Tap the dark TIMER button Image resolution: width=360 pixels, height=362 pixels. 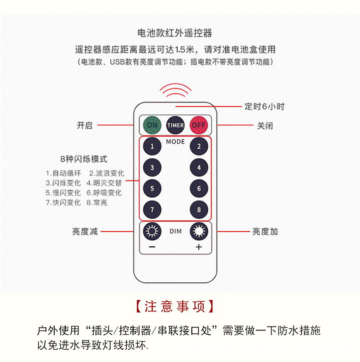175,125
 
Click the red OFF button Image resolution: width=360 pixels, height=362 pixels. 199,125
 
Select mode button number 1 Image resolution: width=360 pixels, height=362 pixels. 152,146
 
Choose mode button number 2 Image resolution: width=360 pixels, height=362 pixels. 199,146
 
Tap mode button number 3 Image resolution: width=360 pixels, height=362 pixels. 152,167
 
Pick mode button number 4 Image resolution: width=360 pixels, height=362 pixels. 199,167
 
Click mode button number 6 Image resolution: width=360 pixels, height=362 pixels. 199,188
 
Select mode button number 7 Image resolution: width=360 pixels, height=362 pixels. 152,210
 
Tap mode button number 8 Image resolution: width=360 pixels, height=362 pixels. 199,210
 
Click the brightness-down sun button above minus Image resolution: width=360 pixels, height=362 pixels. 152,231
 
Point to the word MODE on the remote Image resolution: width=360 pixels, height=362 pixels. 175,141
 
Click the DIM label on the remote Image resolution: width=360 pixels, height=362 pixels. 175,231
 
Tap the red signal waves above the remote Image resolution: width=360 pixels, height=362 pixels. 175,90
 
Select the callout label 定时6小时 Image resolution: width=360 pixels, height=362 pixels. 264,106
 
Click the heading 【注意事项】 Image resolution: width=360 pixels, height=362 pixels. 175,306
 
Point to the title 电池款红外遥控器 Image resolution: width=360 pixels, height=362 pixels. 175,33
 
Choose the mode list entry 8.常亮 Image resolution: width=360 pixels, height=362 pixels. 97,202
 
